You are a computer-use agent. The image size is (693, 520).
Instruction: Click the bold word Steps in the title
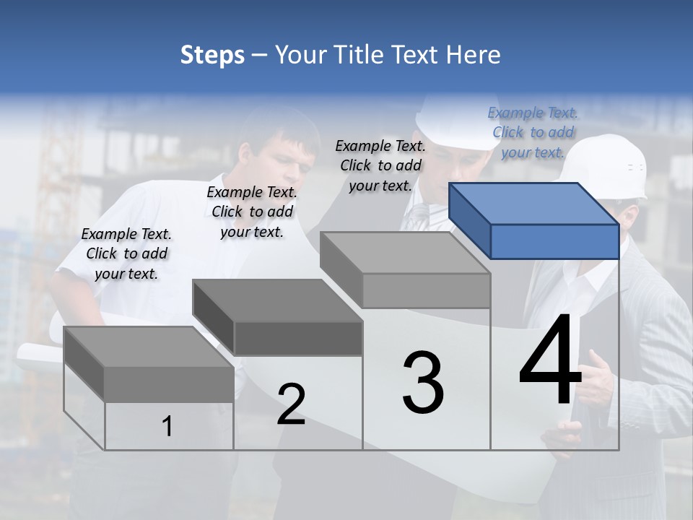tap(212, 55)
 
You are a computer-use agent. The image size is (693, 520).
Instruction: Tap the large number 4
tap(550, 360)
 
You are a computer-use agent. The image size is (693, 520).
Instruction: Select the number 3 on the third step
tap(423, 382)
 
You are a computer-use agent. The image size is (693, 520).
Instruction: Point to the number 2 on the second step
tap(291, 404)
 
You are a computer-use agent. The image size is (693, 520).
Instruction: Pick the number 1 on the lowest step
tap(167, 427)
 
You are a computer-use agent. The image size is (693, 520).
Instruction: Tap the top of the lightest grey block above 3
tap(404, 253)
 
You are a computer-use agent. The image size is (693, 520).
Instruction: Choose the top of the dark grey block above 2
tap(277, 300)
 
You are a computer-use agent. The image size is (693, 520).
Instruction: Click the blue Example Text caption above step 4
tap(533, 132)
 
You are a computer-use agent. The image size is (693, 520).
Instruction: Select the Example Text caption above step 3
tap(380, 165)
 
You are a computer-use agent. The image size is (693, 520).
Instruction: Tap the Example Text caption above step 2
tap(252, 212)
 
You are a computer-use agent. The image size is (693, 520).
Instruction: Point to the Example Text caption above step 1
tap(126, 253)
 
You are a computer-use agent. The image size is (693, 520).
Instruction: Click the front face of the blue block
tap(554, 241)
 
